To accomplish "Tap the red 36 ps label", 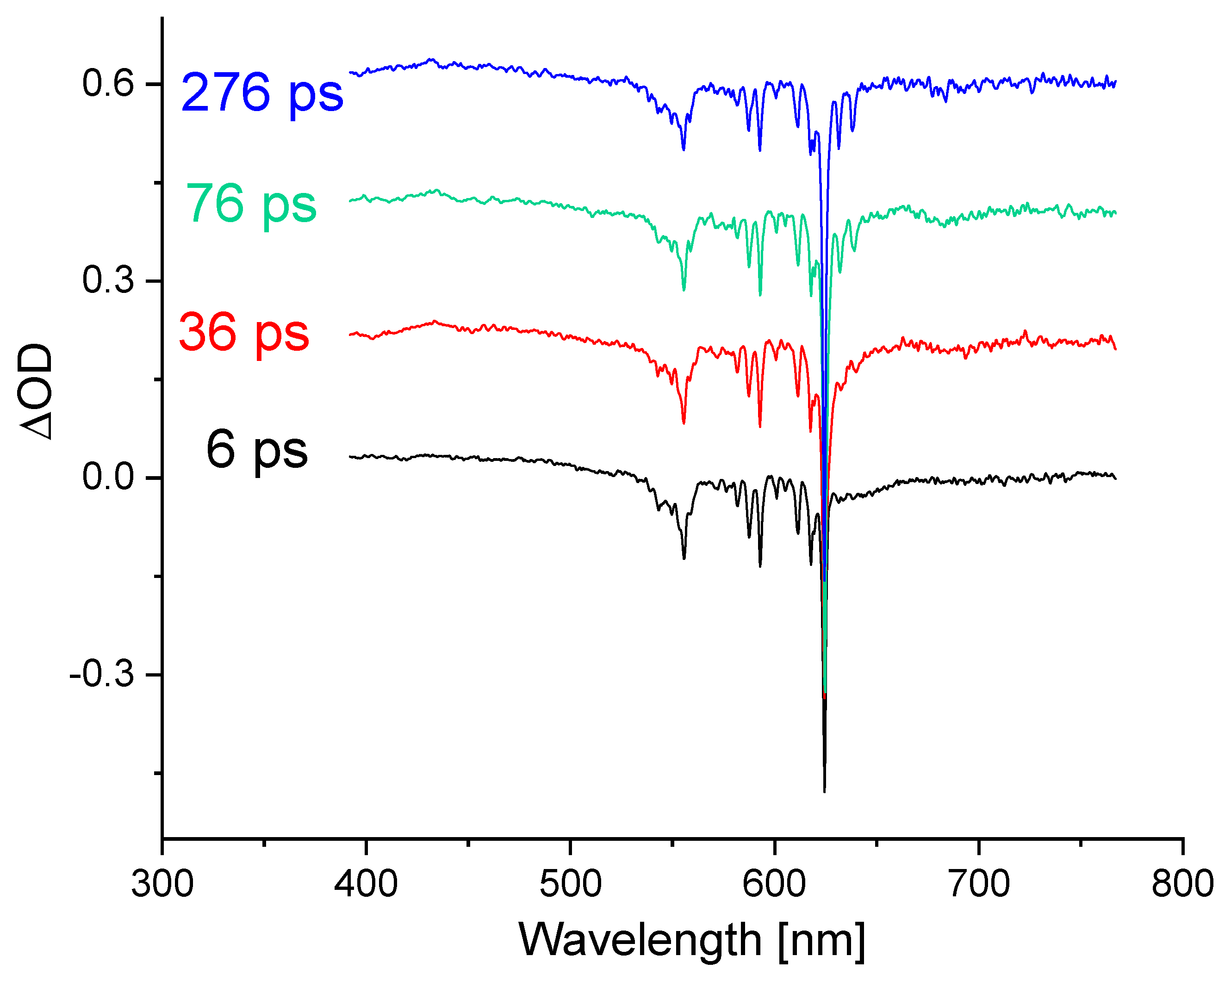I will (244, 333).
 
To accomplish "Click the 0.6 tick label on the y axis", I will (108, 83).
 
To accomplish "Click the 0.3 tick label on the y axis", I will (108, 280).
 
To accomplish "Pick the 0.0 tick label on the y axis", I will (108, 478).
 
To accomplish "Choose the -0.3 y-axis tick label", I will (102, 674).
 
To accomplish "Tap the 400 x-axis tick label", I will (366, 884).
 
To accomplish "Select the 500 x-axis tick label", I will (571, 884).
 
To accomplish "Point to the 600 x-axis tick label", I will (774, 884).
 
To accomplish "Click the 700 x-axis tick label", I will (979, 884).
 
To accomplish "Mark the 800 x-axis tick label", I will (1182, 884).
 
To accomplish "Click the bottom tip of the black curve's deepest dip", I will (825, 791).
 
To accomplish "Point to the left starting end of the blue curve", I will (350, 73).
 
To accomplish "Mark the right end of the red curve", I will (1115, 348).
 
